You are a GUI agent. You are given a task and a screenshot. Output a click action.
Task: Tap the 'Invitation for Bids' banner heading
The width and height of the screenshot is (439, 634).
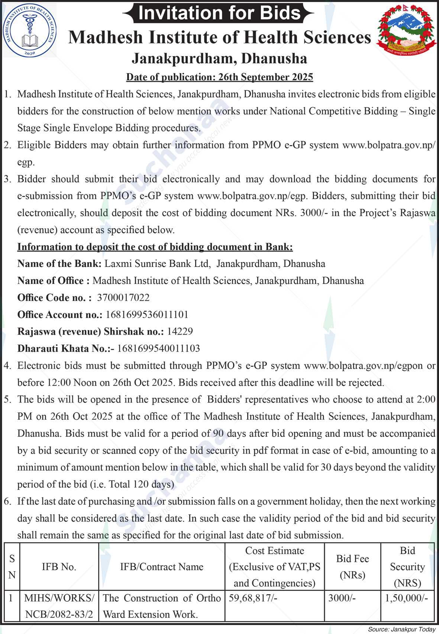tap(219, 13)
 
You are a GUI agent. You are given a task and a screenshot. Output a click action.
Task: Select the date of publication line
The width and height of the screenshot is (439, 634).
tap(220, 77)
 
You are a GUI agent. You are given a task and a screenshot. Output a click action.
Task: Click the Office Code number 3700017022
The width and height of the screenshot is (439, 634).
tap(123, 298)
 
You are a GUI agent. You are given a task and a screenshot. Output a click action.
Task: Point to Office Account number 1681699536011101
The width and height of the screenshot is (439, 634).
tap(147, 315)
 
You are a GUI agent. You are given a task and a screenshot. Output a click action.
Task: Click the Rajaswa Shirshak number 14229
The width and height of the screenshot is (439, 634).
tap(180, 331)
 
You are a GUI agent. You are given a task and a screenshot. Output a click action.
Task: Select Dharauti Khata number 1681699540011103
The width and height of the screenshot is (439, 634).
tap(158, 349)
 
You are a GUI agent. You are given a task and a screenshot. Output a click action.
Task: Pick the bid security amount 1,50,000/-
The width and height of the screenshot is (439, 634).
tap(407, 598)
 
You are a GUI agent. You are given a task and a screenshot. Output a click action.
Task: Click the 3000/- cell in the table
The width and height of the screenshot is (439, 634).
tap(342, 598)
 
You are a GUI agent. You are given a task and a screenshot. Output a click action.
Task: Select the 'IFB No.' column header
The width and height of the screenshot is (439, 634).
tap(59, 567)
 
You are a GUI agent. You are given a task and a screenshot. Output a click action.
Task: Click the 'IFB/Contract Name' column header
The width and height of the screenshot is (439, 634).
tap(162, 567)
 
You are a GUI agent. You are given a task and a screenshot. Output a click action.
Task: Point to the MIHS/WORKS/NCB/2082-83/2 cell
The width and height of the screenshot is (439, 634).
tap(59, 606)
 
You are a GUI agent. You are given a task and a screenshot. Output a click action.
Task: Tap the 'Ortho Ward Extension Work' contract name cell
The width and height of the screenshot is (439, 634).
tap(162, 606)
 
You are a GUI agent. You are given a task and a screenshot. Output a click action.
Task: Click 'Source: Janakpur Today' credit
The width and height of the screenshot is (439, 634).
tap(401, 630)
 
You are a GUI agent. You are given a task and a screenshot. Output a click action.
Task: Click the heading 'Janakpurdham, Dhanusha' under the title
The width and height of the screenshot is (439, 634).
tap(220, 58)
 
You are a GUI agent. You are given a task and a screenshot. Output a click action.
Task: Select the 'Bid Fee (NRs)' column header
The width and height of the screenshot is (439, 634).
tap(352, 567)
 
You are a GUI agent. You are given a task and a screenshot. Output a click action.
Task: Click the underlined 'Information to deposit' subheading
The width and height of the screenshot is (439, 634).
tap(155, 247)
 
